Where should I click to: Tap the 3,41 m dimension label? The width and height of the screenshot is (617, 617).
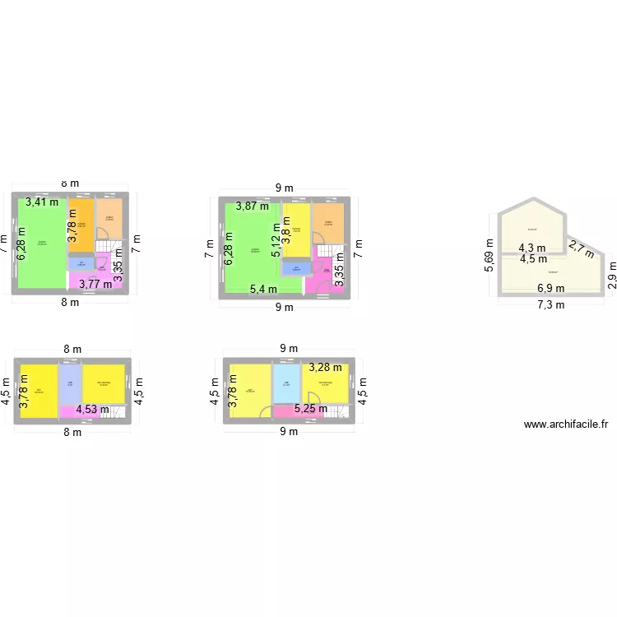coord(41,202)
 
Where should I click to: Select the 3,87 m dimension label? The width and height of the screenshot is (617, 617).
coord(253,206)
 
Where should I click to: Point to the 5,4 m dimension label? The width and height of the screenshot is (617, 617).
coord(263,289)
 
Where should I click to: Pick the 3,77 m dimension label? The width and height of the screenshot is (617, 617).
coord(95,285)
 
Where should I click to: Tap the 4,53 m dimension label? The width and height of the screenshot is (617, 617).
coord(92,408)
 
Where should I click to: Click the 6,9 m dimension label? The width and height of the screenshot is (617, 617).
coord(550,288)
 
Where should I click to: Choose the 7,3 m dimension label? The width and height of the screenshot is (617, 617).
coord(550,305)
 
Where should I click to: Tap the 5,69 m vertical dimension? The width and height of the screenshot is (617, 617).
coord(490,255)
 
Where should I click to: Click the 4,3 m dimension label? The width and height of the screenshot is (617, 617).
coord(531,247)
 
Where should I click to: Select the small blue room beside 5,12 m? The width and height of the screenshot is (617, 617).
coord(290,268)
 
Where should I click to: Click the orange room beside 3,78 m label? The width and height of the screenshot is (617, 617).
coord(81,226)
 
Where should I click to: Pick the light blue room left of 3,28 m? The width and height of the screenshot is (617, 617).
coord(286,384)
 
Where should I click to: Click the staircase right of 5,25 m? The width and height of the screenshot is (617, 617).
coord(340,410)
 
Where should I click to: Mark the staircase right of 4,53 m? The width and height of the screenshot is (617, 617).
coord(118,411)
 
